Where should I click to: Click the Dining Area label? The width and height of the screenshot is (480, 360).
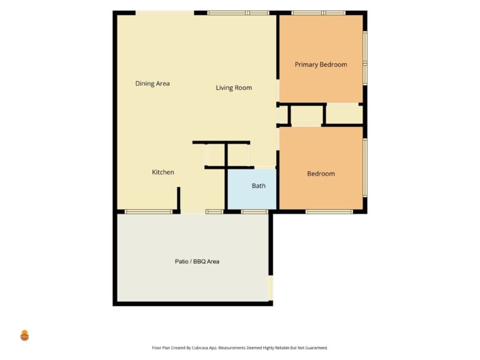(152, 84)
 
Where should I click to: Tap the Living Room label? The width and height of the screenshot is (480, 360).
(234, 88)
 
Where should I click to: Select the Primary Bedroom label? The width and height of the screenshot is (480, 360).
(321, 64)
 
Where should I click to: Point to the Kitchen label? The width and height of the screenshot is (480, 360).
(163, 172)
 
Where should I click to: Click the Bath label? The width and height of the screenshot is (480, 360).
(259, 186)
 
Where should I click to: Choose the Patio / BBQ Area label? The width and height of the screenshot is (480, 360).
(197, 261)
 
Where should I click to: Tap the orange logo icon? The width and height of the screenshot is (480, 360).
(24, 336)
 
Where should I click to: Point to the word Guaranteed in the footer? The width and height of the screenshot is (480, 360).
(317, 347)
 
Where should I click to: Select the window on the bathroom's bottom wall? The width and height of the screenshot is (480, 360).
(255, 211)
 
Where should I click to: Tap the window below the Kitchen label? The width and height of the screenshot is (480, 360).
(149, 211)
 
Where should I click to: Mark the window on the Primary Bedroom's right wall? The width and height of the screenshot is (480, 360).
(365, 58)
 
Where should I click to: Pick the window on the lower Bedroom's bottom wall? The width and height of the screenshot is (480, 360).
(329, 211)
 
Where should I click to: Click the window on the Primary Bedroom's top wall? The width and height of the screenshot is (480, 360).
(318, 13)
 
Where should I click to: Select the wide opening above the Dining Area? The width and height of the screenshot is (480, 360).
(165, 13)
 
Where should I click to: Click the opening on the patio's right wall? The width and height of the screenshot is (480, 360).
(271, 287)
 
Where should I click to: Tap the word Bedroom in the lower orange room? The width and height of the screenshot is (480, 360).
(321, 174)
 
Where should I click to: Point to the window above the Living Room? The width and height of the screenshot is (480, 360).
(238, 13)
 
